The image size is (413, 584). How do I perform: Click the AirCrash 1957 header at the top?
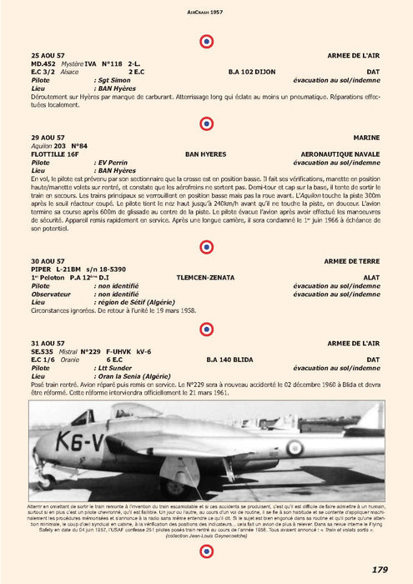point(206,13)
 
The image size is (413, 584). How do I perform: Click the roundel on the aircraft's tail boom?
point(294,448)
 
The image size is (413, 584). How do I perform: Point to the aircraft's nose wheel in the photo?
point(45,480)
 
